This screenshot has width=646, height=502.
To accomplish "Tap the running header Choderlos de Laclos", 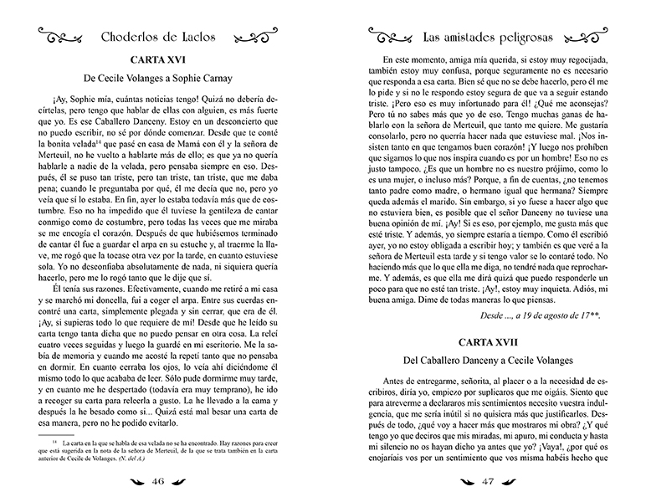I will tap(164, 36).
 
